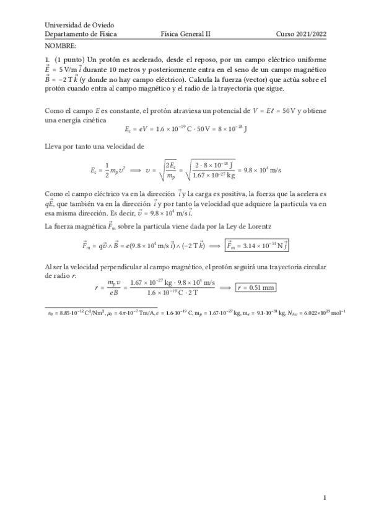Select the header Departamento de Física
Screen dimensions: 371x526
[81, 35]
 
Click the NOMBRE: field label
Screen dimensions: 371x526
[61, 47]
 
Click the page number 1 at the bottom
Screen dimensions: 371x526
[325, 497]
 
